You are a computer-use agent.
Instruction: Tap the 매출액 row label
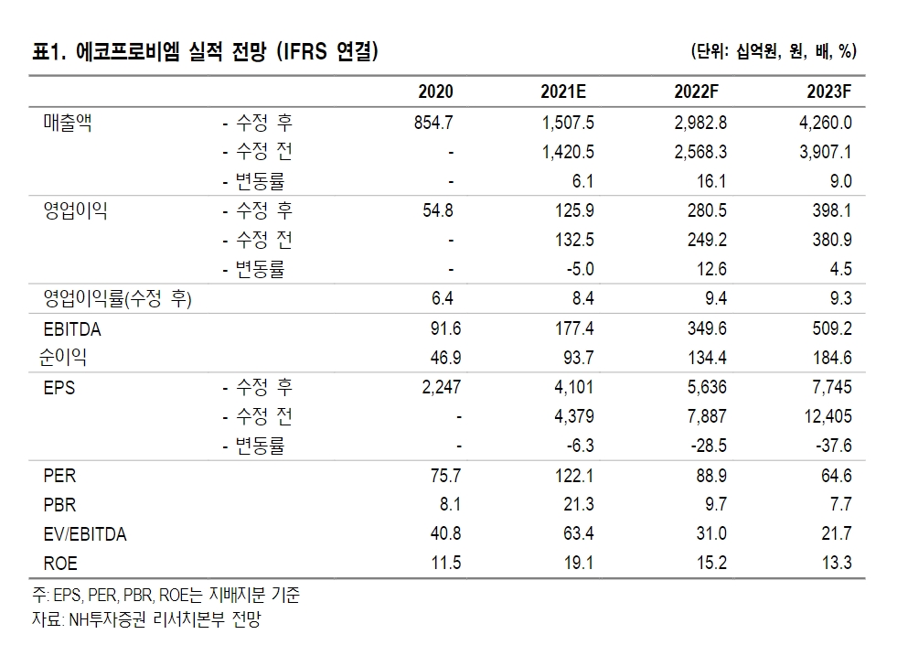[69, 122]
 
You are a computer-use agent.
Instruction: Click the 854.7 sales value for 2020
[434, 122]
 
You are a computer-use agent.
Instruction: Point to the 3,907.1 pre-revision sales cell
[825, 151]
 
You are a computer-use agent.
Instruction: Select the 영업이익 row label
[75, 210]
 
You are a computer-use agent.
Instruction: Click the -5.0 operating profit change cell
[581, 269]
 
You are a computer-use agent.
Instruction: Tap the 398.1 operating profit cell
[831, 210]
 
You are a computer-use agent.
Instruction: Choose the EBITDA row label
[72, 329]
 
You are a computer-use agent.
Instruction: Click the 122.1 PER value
[575, 477]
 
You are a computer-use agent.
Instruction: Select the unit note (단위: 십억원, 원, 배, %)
[774, 51]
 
